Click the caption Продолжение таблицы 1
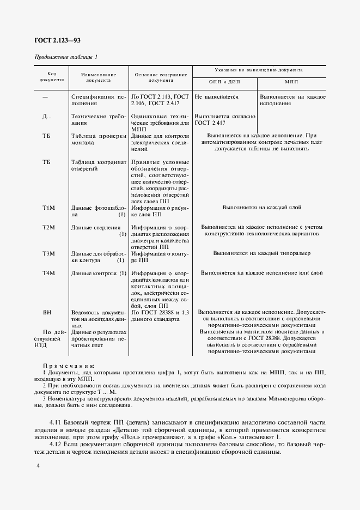[x=66, y=57]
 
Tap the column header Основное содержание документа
[x=161, y=77]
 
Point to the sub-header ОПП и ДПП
[x=224, y=81]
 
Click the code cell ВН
[x=47, y=313]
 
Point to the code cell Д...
[x=47, y=117]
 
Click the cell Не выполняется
[x=217, y=97]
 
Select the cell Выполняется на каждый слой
[x=261, y=208]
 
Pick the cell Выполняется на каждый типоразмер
[x=261, y=253]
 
